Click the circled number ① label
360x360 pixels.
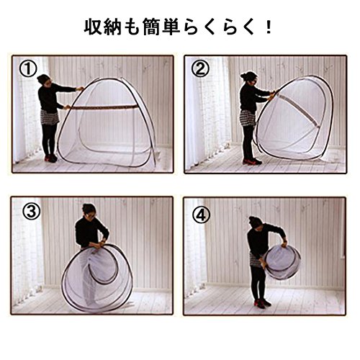(x=28, y=69)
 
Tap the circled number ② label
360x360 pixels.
(x=200, y=68)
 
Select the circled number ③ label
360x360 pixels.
(x=31, y=212)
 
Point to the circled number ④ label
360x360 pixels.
(x=202, y=215)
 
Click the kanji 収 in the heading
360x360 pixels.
(x=93, y=27)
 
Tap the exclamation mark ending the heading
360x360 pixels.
(x=269, y=27)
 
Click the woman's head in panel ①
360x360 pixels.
(x=44, y=80)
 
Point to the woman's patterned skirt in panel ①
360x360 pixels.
(x=50, y=117)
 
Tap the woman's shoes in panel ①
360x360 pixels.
(x=51, y=158)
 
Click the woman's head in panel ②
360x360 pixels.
(x=249, y=78)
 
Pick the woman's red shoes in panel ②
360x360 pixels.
(x=252, y=161)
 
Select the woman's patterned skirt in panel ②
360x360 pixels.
(x=247, y=118)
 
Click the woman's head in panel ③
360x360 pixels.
(x=89, y=211)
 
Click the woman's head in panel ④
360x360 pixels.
(x=255, y=222)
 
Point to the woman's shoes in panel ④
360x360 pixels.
(x=263, y=303)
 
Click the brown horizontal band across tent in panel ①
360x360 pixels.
(x=104, y=107)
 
